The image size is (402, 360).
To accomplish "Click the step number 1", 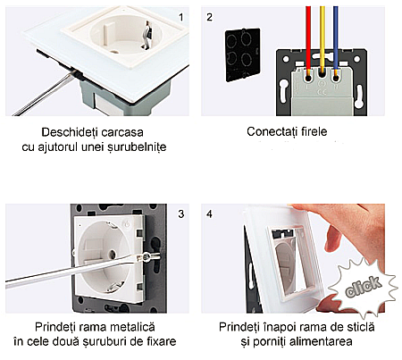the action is [181, 17].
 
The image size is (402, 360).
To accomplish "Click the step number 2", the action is [209, 17].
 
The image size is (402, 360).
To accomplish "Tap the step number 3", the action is [181, 214].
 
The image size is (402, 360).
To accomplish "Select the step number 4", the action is [209, 214].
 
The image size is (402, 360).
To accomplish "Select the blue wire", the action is [336, 42].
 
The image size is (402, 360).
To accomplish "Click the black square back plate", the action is [243, 54].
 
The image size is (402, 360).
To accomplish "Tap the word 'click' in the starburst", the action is [363, 287].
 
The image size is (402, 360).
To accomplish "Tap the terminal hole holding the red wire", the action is [308, 79].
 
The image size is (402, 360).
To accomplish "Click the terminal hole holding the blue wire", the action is [336, 79].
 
